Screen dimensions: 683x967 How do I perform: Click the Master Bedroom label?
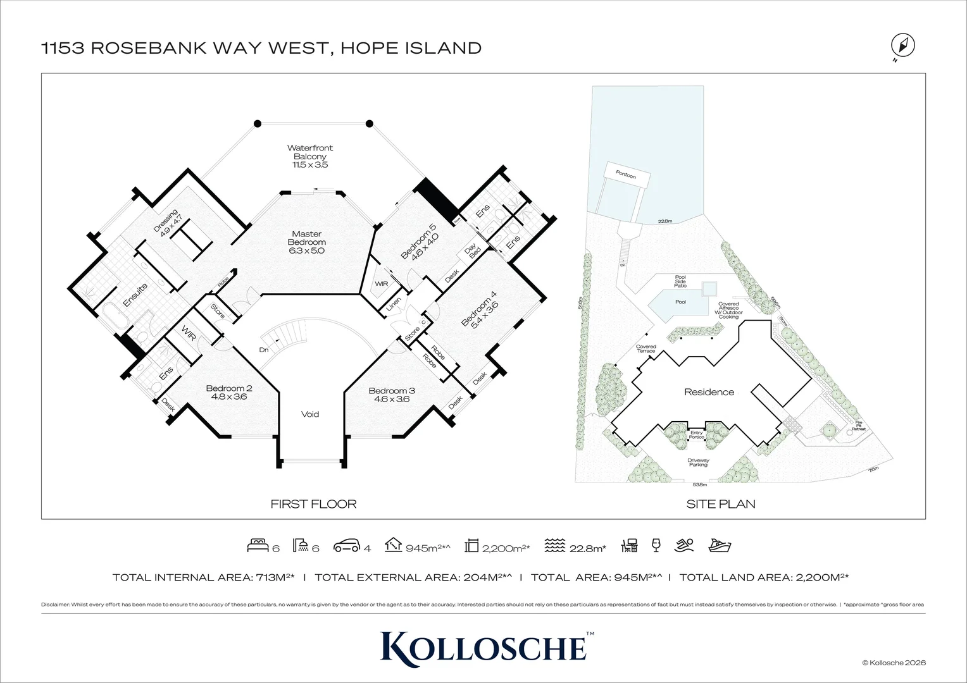click(306, 242)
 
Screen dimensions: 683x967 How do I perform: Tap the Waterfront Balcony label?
click(309, 156)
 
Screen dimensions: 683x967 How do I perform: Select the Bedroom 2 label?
click(229, 392)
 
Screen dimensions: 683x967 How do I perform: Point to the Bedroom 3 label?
click(392, 395)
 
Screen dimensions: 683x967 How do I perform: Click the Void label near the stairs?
click(310, 414)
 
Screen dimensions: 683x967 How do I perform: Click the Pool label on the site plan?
click(680, 302)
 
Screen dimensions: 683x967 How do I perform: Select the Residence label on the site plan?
click(709, 392)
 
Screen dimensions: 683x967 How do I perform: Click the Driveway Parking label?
click(698, 462)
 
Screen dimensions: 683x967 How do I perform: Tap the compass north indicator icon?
click(902, 46)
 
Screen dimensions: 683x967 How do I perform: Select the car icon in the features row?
click(346, 546)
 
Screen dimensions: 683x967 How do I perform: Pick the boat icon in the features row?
click(720, 546)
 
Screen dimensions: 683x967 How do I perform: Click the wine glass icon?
click(656, 545)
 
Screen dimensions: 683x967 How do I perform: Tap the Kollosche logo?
click(483, 646)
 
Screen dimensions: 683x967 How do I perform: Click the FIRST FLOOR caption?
click(313, 504)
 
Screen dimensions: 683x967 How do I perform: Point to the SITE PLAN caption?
click(720, 504)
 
